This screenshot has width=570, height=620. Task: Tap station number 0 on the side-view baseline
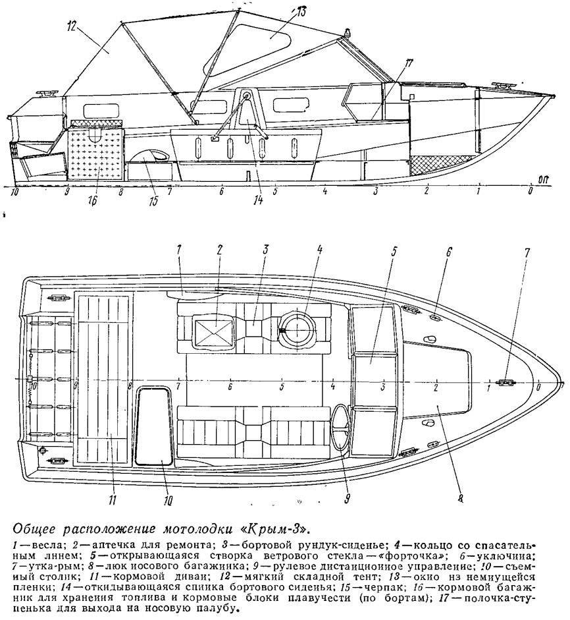(531, 191)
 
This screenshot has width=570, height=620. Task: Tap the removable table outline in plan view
(155, 426)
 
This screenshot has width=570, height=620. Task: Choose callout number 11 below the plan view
(112, 500)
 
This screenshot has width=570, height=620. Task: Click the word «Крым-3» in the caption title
(277, 528)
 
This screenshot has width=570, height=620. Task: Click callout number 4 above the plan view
(320, 250)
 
